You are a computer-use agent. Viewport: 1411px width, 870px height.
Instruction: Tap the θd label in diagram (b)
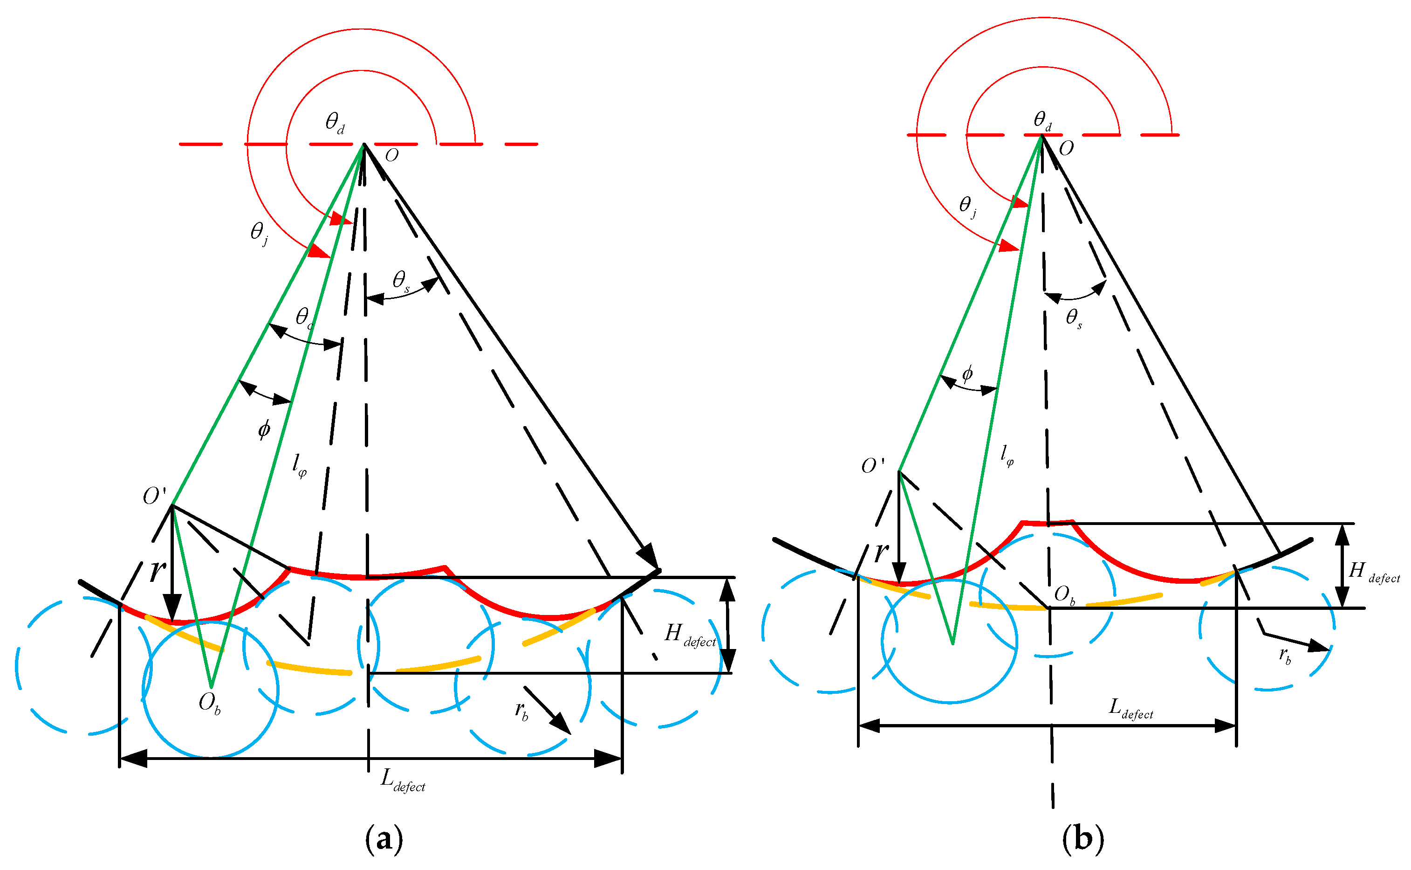(1042, 120)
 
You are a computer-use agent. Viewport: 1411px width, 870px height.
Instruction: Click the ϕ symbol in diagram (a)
(264, 428)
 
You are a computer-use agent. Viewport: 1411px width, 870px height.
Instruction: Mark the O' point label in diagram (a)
(154, 496)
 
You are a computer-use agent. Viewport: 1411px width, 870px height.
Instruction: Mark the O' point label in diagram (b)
(872, 465)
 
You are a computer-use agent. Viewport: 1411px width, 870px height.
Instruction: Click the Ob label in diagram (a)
(209, 702)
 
